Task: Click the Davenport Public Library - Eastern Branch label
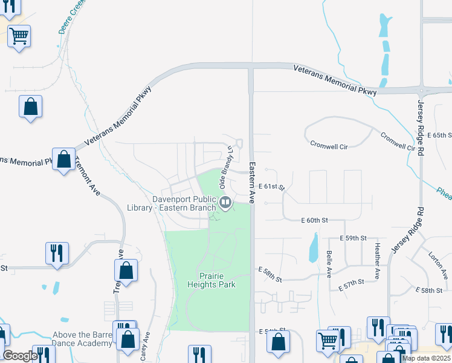point(171,203)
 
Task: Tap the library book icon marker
point(225,201)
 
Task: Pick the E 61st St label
point(271,188)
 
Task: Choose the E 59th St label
point(353,238)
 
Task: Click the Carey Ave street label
point(145,346)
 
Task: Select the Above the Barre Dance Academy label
point(83,339)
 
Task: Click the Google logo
point(20,356)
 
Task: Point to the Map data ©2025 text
point(427,358)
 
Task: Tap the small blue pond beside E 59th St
point(313,248)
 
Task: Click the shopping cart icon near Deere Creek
point(19,36)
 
